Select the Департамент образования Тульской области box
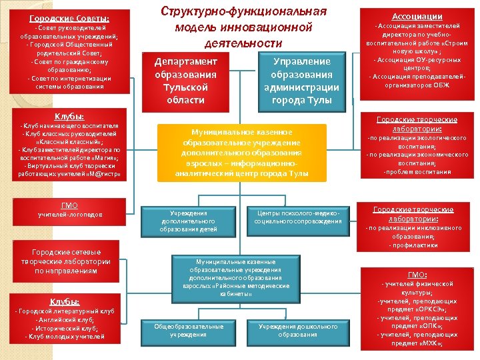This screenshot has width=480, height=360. tap(185, 80)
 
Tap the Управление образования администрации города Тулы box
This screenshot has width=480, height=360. tap(301, 80)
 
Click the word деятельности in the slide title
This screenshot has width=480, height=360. tap(243, 43)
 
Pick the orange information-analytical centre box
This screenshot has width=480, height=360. tap(242, 153)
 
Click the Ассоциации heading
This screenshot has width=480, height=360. tap(417, 16)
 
